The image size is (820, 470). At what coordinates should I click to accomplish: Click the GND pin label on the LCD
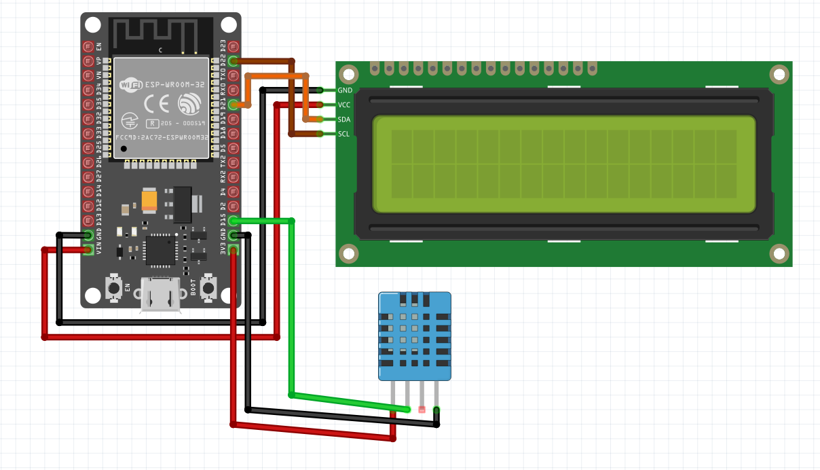click(x=345, y=90)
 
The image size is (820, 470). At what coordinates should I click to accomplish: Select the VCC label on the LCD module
click(x=344, y=105)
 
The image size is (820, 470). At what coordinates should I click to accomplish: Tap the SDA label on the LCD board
click(x=344, y=120)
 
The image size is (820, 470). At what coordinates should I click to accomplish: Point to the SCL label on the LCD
click(x=344, y=134)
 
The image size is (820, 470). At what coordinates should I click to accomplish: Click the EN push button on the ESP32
click(x=113, y=288)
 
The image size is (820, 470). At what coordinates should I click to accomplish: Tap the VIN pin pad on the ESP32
click(x=88, y=250)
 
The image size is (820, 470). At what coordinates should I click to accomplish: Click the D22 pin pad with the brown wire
click(x=234, y=61)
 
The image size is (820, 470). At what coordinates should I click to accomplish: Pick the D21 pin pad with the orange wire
click(x=234, y=105)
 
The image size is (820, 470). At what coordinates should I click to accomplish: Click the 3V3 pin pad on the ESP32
click(x=234, y=250)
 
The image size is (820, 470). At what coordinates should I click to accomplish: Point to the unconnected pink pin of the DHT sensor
click(x=422, y=410)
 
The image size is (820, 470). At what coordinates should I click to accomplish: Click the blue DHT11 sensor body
click(x=414, y=336)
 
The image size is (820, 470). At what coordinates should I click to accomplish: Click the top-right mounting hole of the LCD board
click(x=780, y=74)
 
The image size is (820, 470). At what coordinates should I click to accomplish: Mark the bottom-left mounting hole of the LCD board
click(x=349, y=253)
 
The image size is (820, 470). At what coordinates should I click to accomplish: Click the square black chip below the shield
click(x=160, y=249)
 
